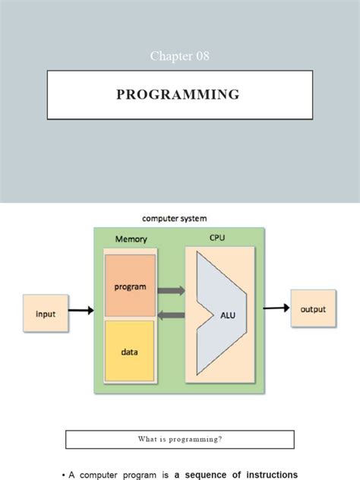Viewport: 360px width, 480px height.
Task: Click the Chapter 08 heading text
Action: pyautogui.click(x=179, y=55)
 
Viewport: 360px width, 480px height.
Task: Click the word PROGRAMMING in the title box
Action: pyautogui.click(x=179, y=95)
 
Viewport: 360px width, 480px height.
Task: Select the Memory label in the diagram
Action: pyautogui.click(x=131, y=238)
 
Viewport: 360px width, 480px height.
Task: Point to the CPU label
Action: pyautogui.click(x=216, y=238)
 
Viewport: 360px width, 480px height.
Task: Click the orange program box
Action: pyautogui.click(x=131, y=287)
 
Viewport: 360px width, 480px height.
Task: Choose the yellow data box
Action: pyautogui.click(x=131, y=352)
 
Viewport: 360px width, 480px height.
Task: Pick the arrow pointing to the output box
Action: pyautogui.click(x=276, y=308)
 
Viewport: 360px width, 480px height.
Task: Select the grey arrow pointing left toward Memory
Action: pyautogui.click(x=172, y=315)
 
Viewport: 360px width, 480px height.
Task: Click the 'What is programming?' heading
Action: pyautogui.click(x=179, y=439)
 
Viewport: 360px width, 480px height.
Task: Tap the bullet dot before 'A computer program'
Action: pyautogui.click(x=63, y=475)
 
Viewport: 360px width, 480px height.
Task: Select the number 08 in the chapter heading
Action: pyautogui.click(x=201, y=55)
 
